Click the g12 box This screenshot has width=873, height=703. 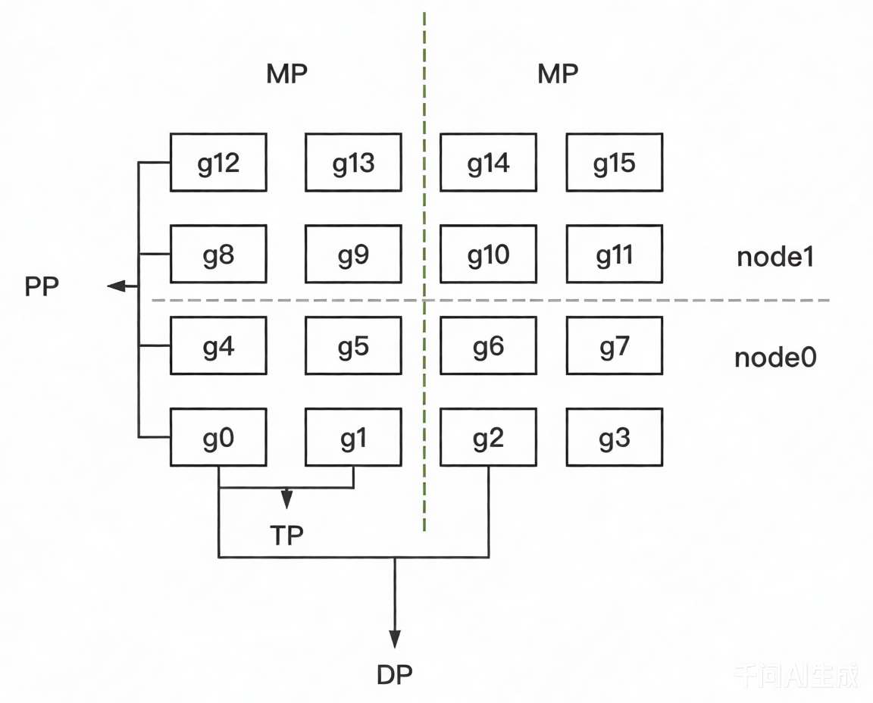tap(218, 163)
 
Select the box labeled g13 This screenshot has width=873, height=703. tap(353, 163)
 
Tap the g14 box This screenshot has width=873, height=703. tap(488, 163)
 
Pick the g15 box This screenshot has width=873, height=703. tap(614, 163)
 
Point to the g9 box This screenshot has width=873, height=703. tap(353, 255)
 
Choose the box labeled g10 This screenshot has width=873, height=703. tap(488, 255)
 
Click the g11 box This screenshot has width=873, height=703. tap(614, 255)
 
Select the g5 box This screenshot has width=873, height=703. tap(353, 346)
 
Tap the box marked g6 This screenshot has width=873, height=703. tap(488, 346)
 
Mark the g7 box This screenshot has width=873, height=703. tap(614, 346)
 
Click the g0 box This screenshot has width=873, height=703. tap(218, 438)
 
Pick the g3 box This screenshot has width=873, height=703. tap(614, 438)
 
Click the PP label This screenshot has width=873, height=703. tap(42, 287)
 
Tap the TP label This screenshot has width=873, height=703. tap(286, 535)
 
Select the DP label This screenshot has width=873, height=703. tap(394, 673)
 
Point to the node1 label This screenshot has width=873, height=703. tap(774, 258)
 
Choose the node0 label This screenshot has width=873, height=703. tap(774, 357)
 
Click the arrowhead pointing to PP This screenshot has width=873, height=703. tap(116, 286)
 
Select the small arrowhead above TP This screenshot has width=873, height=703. tap(286, 498)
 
